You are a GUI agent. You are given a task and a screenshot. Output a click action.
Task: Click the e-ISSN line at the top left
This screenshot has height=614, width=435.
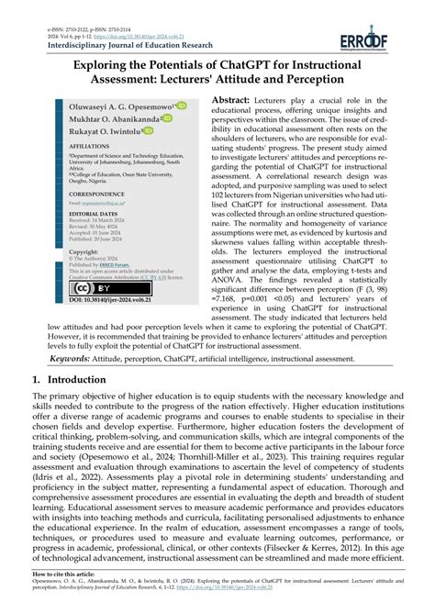62,6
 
